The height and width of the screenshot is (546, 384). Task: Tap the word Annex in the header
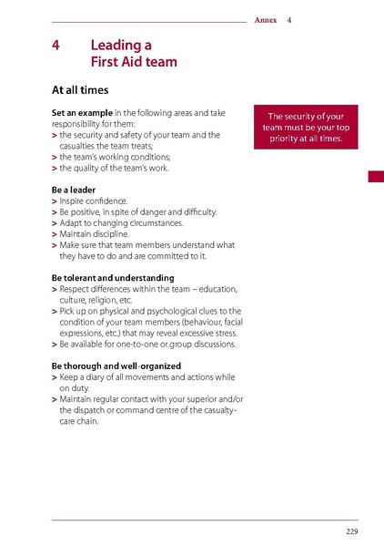tap(266, 19)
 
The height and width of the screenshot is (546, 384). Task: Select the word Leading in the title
tap(120, 45)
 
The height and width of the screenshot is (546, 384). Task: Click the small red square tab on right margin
tap(375, 176)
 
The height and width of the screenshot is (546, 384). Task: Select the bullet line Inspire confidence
tap(94, 201)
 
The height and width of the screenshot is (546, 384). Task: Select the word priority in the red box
tap(284, 139)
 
